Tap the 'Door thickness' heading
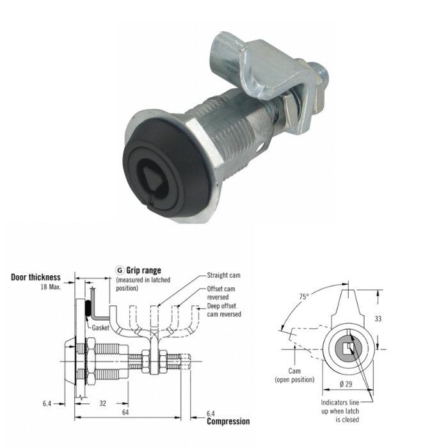pos(36,277)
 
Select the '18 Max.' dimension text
pos(51,287)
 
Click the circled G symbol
pos(120,270)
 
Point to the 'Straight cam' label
pos(223,275)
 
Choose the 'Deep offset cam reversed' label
pos(224,310)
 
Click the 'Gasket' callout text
pos(100,328)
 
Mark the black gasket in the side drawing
pos(88,308)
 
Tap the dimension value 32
pos(102,403)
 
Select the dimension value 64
pos(125,412)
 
